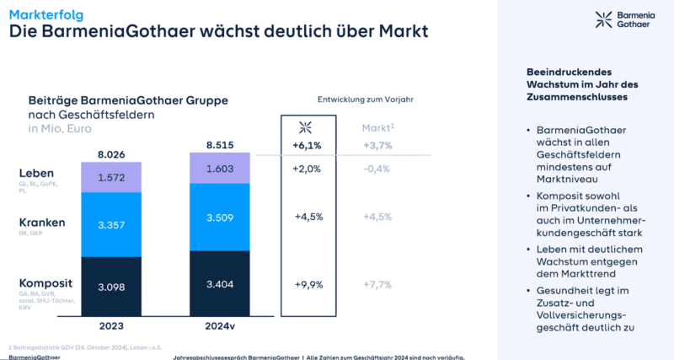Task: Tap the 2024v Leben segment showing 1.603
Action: click(219, 168)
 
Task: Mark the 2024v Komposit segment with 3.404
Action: click(219, 284)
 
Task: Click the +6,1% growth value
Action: click(307, 146)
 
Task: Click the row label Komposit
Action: click(45, 282)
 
